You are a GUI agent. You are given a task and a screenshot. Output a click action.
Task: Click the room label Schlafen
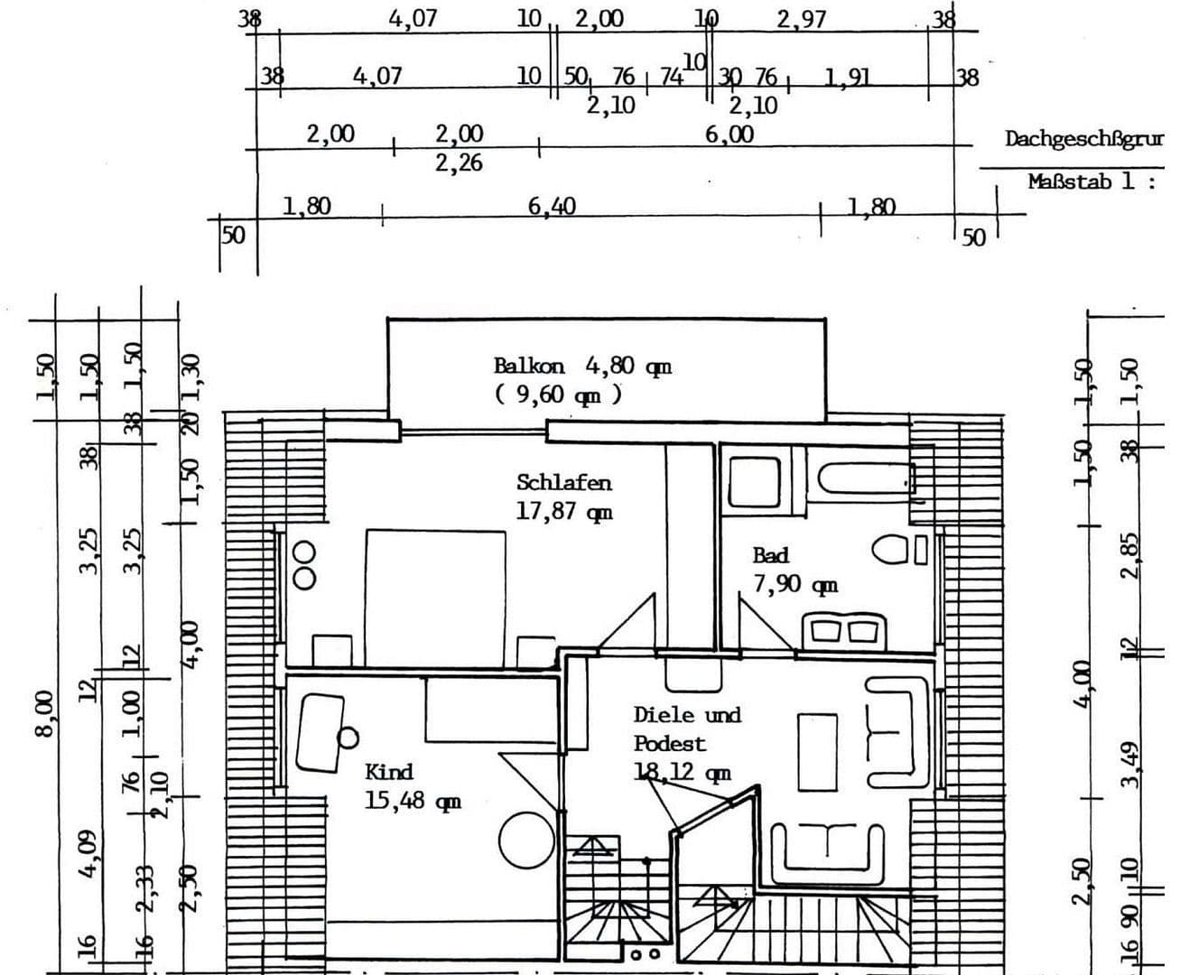[563, 482]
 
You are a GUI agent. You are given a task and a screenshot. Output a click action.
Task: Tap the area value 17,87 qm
[563, 512]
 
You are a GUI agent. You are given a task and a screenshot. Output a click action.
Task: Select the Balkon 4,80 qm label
[582, 366]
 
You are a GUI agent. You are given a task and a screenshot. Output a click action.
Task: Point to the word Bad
[770, 555]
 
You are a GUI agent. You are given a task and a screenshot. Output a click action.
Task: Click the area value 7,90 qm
[794, 585]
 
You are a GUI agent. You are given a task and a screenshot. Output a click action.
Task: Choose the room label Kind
[389, 772]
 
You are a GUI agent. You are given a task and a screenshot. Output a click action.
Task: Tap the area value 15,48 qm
[413, 801]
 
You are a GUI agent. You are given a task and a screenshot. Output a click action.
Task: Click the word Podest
[669, 744]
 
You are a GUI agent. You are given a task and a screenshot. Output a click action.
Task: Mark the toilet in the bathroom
[892, 549]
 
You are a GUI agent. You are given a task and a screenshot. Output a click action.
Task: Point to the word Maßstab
[1069, 181]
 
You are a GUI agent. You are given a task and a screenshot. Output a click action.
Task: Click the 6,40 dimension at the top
[552, 207]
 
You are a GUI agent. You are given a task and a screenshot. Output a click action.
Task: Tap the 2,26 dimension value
[459, 163]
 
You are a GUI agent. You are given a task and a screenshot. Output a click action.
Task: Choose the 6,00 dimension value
[729, 135]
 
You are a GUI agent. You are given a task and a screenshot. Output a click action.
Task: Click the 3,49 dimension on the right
[1129, 763]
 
